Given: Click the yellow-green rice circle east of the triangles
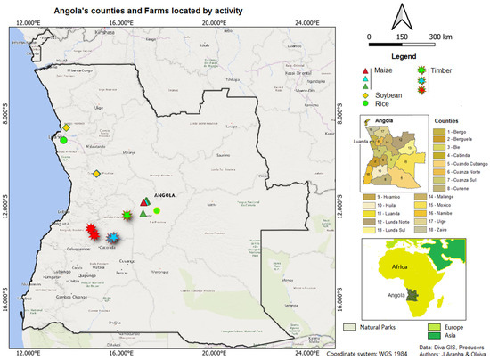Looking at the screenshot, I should pyautogui.click(x=157, y=210).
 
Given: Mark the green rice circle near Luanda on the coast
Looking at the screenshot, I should pyautogui.click(x=64, y=139).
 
